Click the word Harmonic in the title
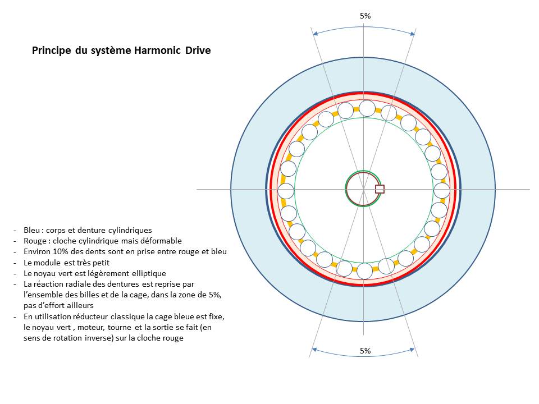[155, 50]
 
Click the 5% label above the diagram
[365, 16]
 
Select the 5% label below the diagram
[365, 351]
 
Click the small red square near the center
[380, 189]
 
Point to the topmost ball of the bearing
[367, 108]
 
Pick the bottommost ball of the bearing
[364, 271]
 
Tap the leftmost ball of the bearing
[286, 191]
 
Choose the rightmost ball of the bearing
[442, 191]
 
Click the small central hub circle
[359, 189]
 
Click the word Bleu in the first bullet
[32, 230]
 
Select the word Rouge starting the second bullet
[34, 241]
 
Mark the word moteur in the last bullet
[85, 327]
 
